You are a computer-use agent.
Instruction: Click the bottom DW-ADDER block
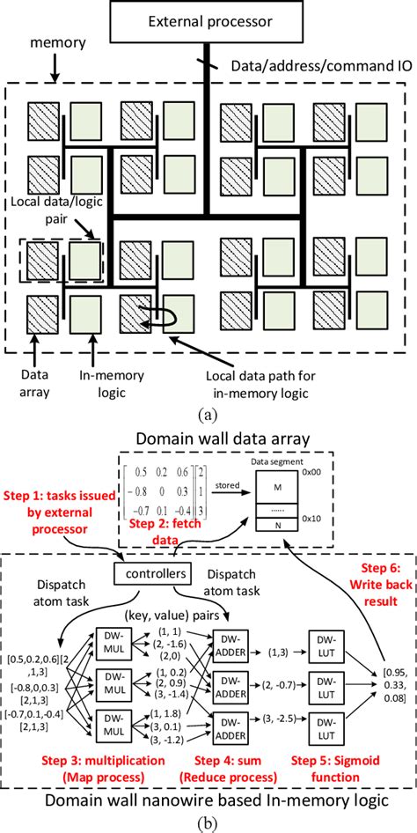(229, 723)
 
